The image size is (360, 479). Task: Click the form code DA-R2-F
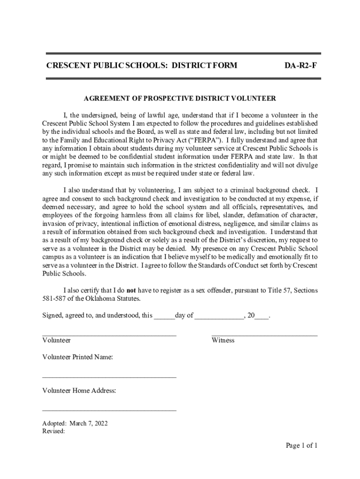tap(301, 65)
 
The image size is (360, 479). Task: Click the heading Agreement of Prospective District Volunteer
tap(180, 99)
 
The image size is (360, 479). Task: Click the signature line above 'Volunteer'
tap(109, 335)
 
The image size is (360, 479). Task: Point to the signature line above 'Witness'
tap(264, 335)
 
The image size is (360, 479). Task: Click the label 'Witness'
tap(223, 341)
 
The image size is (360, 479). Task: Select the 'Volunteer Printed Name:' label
tap(78, 357)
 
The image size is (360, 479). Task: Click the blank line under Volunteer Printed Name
tap(109, 377)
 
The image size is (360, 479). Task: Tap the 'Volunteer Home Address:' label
tap(79, 391)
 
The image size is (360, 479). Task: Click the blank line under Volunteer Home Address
tap(109, 410)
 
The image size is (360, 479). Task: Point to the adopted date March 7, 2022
tap(89, 423)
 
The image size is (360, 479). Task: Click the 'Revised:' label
tap(53, 431)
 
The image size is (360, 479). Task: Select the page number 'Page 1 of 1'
tap(302, 445)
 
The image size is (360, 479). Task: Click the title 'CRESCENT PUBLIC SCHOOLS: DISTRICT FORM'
tap(142, 65)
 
